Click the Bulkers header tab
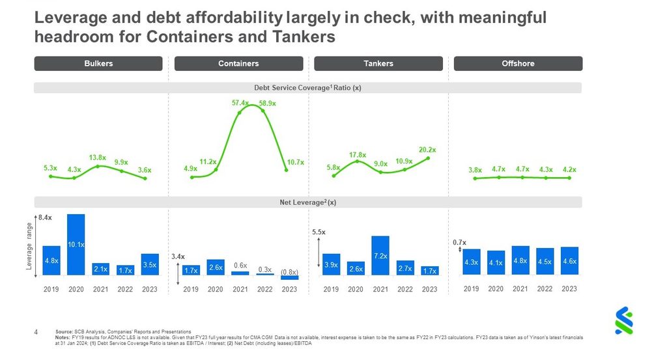click(x=98, y=64)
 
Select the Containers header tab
click(x=238, y=64)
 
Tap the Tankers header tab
click(x=378, y=64)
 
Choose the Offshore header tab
click(x=518, y=64)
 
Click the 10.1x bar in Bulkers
click(x=76, y=244)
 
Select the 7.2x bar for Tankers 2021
click(x=380, y=255)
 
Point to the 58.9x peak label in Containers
click(x=267, y=103)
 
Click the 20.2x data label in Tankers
click(x=427, y=150)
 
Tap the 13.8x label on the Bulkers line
click(x=98, y=158)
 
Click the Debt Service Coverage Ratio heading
click(x=307, y=88)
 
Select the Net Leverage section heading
click(x=307, y=202)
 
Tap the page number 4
click(x=36, y=332)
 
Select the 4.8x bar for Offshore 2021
click(x=520, y=260)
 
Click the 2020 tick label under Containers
click(x=215, y=289)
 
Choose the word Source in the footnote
click(x=64, y=332)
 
